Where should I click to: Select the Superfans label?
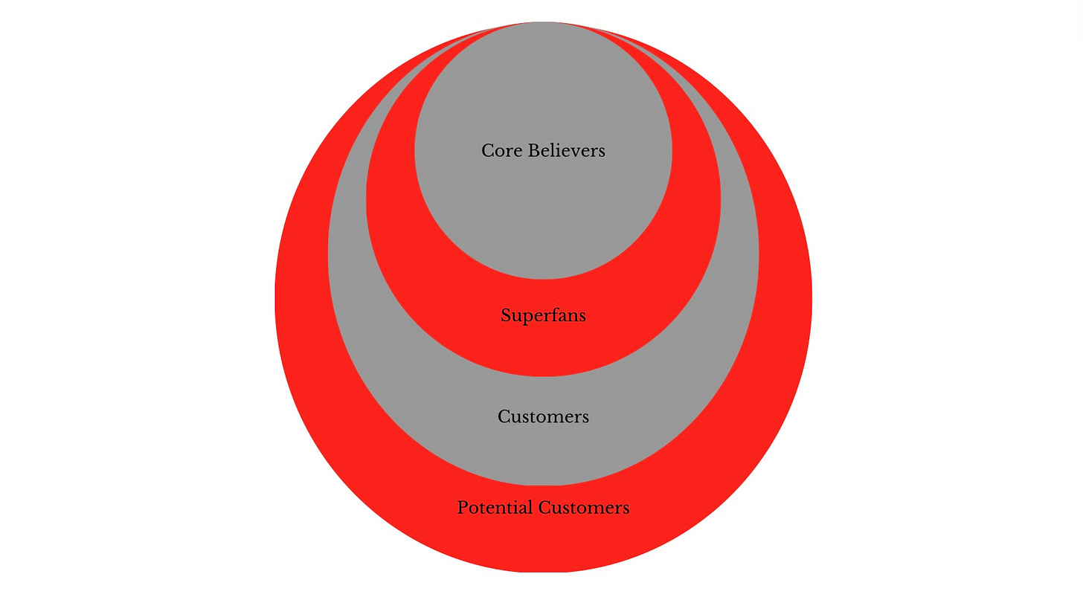click(x=543, y=316)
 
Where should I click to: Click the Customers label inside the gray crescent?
click(x=543, y=416)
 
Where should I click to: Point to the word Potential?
click(x=495, y=508)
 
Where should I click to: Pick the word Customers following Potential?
click(x=584, y=508)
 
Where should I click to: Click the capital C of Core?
click(x=488, y=151)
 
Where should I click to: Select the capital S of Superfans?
click(x=506, y=316)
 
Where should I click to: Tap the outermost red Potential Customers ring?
click(x=543, y=543)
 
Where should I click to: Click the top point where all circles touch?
click(x=543, y=23)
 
